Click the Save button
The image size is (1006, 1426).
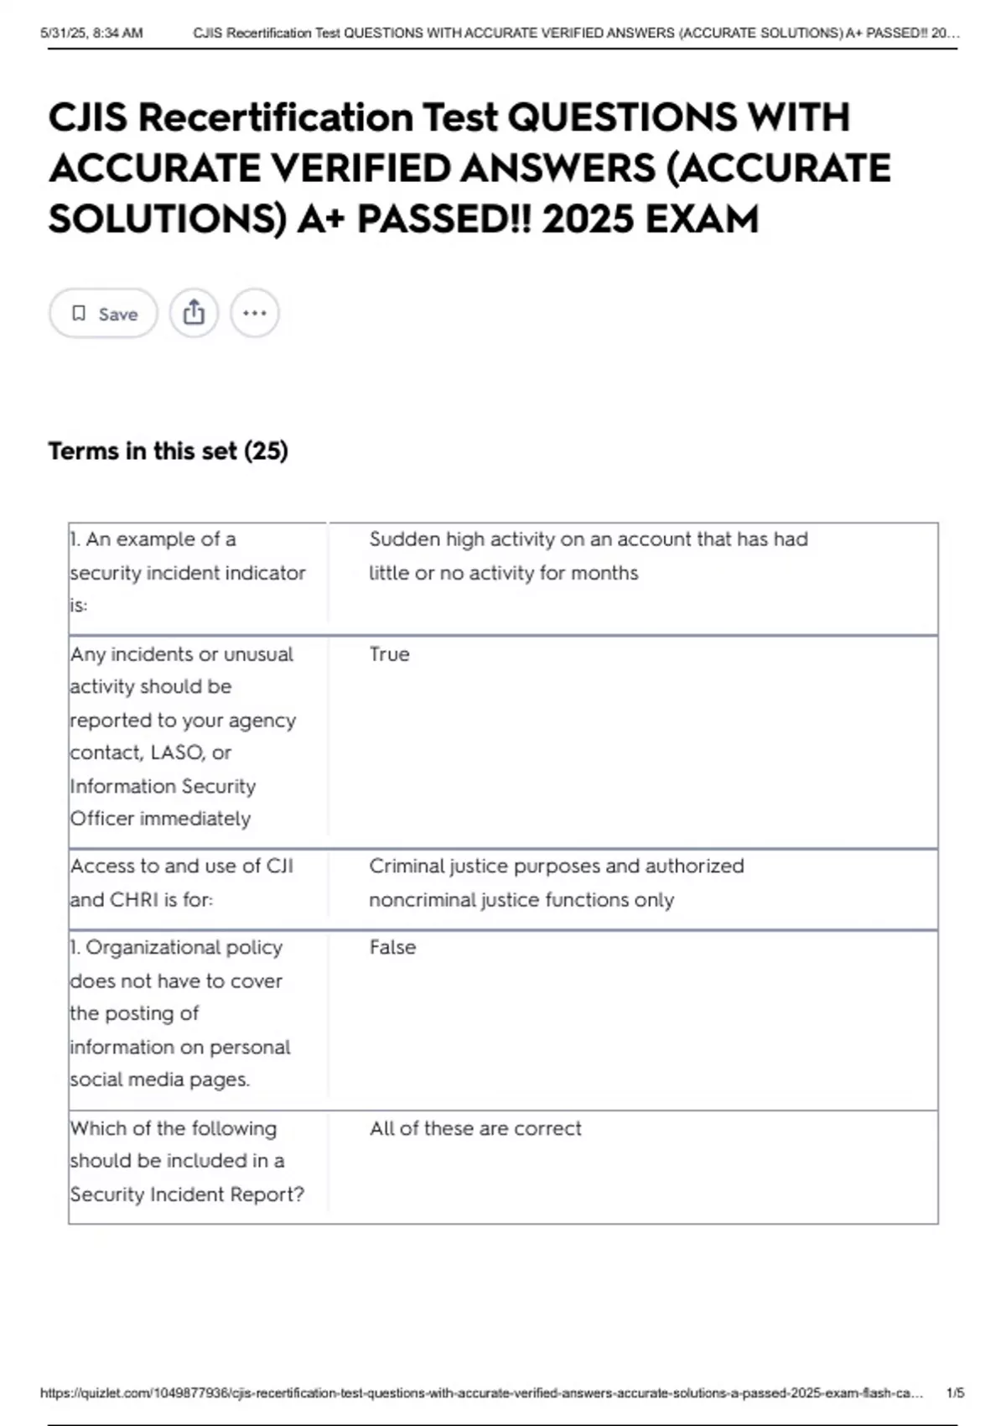(x=103, y=314)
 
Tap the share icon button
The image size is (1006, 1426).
(x=194, y=313)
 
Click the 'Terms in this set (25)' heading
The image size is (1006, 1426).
(x=168, y=450)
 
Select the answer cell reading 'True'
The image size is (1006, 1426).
(x=389, y=654)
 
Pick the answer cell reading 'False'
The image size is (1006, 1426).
(x=392, y=947)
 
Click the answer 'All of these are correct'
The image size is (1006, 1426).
(x=475, y=1128)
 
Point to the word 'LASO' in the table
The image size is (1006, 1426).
(x=178, y=752)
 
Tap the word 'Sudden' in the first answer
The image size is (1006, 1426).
(x=404, y=539)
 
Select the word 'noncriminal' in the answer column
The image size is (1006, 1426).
(x=422, y=900)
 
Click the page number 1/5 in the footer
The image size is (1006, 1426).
(x=955, y=1393)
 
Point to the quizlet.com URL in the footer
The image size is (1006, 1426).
(x=481, y=1393)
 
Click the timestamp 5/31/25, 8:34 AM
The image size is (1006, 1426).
(x=91, y=34)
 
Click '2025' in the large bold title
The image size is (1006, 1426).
(x=587, y=220)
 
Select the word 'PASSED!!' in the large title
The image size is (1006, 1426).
(x=444, y=220)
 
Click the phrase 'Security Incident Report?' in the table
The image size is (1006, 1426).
(x=187, y=1194)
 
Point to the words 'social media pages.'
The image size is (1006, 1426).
(x=159, y=1080)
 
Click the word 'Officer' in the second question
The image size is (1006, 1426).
(x=101, y=819)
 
